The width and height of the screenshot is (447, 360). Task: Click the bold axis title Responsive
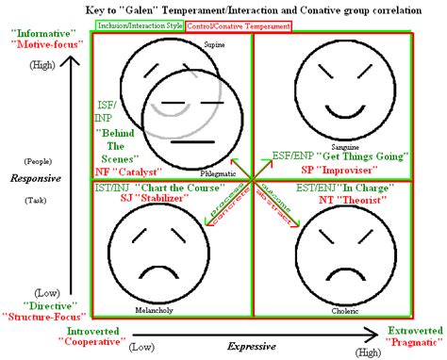pyautogui.click(x=34, y=176)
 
